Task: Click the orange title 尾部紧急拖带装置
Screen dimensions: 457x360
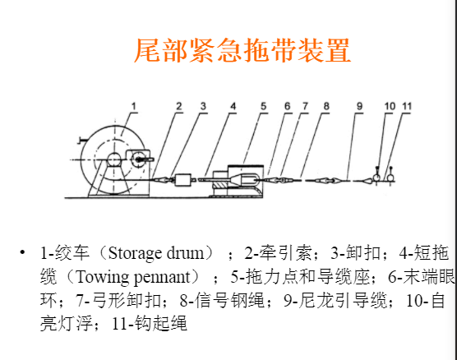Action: [x=242, y=50]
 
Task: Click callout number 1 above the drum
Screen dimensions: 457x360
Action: [x=134, y=106]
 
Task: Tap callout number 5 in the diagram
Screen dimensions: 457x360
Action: [x=264, y=106]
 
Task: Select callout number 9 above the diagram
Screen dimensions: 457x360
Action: [x=360, y=106]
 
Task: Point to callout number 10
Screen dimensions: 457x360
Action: [x=390, y=106]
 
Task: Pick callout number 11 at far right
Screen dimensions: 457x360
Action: [x=407, y=106]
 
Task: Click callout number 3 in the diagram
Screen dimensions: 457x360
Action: [x=203, y=106]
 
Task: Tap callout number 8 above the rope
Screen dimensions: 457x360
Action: [x=326, y=106]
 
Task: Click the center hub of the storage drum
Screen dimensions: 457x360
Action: [x=114, y=159]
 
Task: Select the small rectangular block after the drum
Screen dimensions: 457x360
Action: [x=183, y=180]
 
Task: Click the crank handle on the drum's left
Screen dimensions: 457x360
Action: [x=81, y=141]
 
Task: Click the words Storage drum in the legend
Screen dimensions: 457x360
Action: [x=156, y=253]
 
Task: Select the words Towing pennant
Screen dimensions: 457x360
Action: [x=133, y=277]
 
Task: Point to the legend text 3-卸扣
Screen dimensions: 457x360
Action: [x=356, y=252]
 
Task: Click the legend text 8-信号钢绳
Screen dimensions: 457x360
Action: [x=221, y=300]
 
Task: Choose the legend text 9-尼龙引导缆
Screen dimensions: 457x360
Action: [x=335, y=300]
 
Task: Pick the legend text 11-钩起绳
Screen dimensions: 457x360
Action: [x=150, y=323]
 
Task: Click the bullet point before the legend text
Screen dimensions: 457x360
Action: [x=22, y=252]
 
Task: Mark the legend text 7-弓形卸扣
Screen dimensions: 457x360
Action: [x=118, y=300]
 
